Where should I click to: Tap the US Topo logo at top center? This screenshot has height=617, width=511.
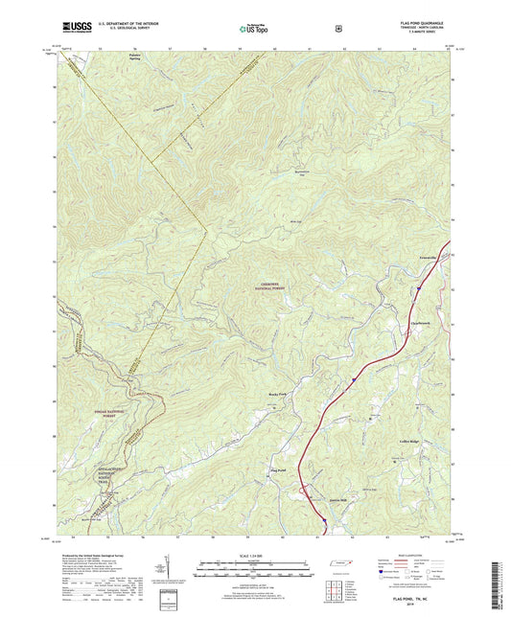254,30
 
